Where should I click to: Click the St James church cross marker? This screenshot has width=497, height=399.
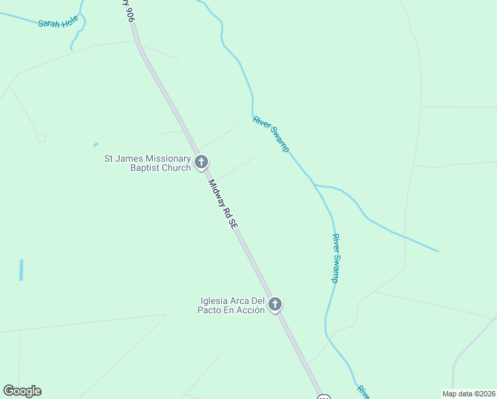201,162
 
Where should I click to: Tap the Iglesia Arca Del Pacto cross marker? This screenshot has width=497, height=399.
275,305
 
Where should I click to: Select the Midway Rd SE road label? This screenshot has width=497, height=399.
223,205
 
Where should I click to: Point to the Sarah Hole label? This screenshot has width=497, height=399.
58,22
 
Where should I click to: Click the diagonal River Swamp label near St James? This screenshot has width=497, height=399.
271,134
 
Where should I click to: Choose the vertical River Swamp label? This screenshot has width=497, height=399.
336,259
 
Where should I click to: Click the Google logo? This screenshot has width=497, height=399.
22,391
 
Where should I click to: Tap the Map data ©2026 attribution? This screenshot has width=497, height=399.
468,393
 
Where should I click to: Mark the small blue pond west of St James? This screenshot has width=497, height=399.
96,144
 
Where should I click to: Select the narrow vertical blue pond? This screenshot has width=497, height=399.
21,269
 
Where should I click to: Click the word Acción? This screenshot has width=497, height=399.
250,311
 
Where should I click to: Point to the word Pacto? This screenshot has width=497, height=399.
214,311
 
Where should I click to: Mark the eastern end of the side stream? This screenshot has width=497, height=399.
438,251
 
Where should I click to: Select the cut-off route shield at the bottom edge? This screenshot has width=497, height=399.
323,396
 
